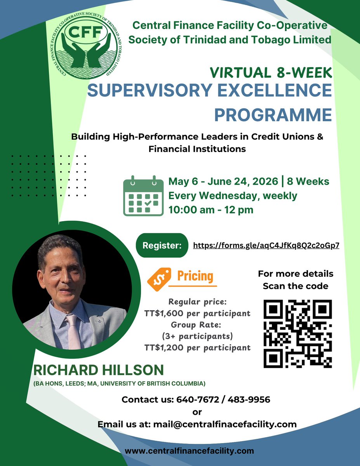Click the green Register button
162,245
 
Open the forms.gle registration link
266,246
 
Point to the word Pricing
195,277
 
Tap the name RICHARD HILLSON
99,370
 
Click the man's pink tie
73,330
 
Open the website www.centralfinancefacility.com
189,451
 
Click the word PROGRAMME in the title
273,115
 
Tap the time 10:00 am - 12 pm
211,210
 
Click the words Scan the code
296,286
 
